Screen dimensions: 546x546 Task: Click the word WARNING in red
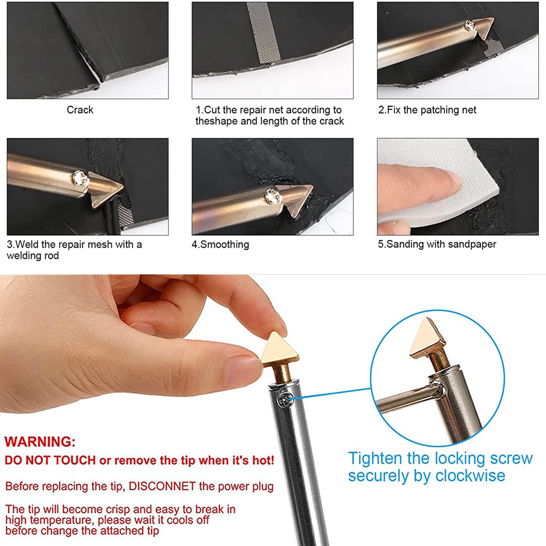pyautogui.click(x=40, y=442)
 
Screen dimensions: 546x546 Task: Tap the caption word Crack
pyautogui.click(x=80, y=110)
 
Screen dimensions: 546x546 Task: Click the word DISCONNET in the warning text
pyautogui.click(x=162, y=486)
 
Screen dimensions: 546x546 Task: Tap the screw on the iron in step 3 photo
pyautogui.click(x=80, y=178)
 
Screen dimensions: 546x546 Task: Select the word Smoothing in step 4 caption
pyautogui.click(x=225, y=244)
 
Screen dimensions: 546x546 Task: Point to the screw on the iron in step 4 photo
pyautogui.click(x=272, y=196)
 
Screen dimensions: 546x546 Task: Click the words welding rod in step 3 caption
pyautogui.click(x=33, y=256)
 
